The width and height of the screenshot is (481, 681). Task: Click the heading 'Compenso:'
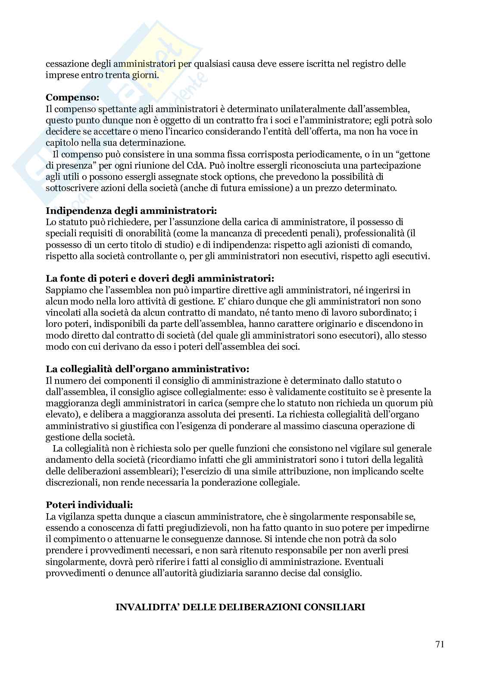pyautogui.click(x=72, y=97)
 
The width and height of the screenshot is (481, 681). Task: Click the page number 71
pyautogui.click(x=440, y=645)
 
